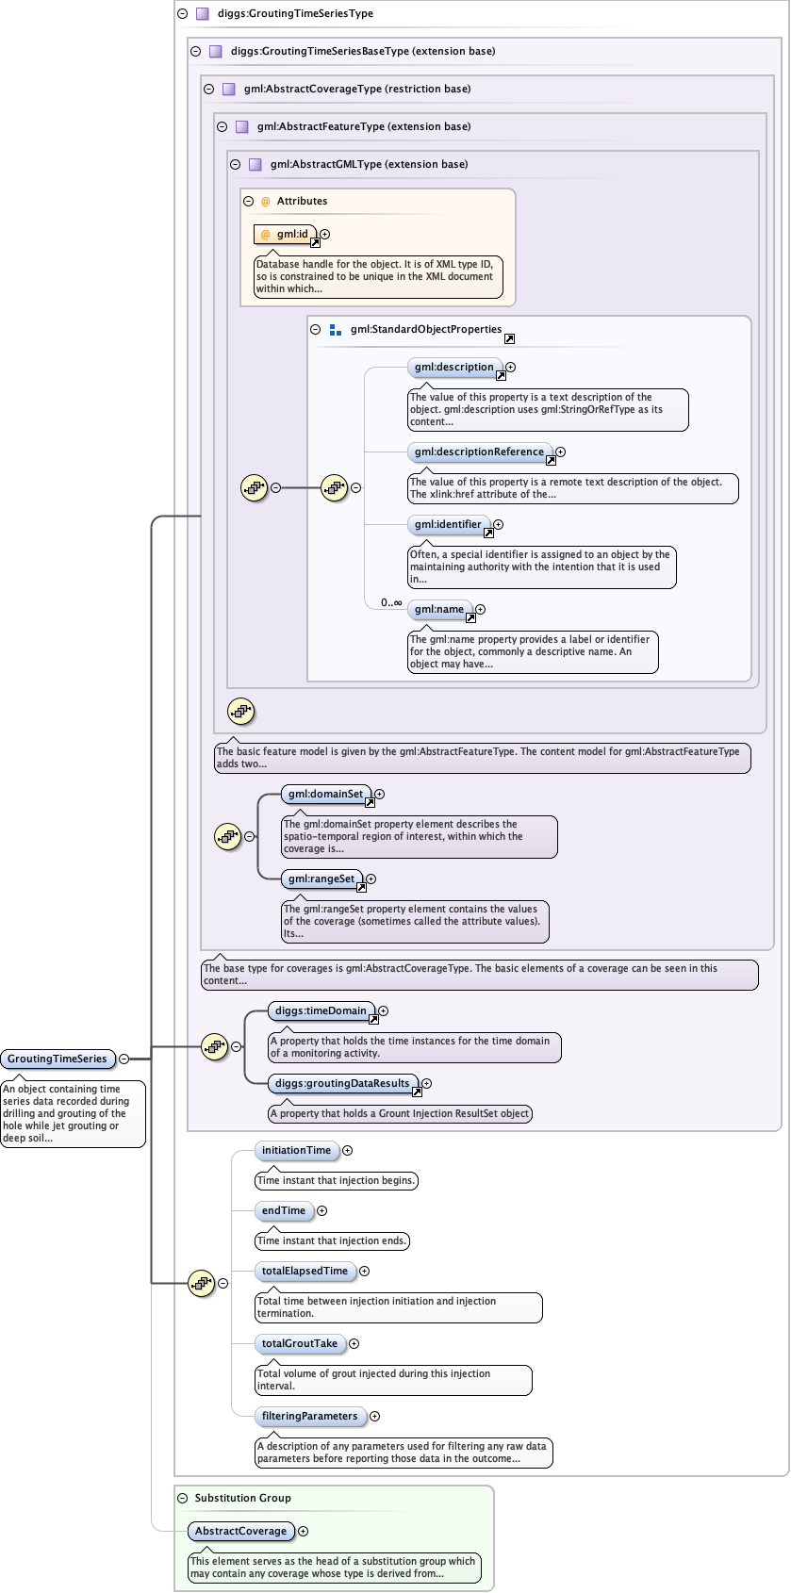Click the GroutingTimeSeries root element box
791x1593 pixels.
(58, 1059)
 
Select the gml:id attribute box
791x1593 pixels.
(287, 234)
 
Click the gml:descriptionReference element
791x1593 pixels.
(479, 452)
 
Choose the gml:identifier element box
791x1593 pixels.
(448, 525)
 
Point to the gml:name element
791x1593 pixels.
(439, 610)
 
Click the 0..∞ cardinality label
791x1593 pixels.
(391, 602)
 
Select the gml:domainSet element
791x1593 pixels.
(326, 795)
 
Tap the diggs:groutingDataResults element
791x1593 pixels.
(342, 1084)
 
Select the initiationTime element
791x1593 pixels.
(297, 1151)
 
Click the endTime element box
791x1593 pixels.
(284, 1211)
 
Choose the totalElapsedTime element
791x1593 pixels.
(305, 1272)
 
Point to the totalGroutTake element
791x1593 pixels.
(300, 1344)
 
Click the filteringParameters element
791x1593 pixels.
(310, 1417)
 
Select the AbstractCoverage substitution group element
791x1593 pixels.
(241, 1532)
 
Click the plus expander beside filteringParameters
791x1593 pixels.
(374, 1417)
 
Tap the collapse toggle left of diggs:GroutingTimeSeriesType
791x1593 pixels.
(182, 14)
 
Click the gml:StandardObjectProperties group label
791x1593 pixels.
(426, 330)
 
